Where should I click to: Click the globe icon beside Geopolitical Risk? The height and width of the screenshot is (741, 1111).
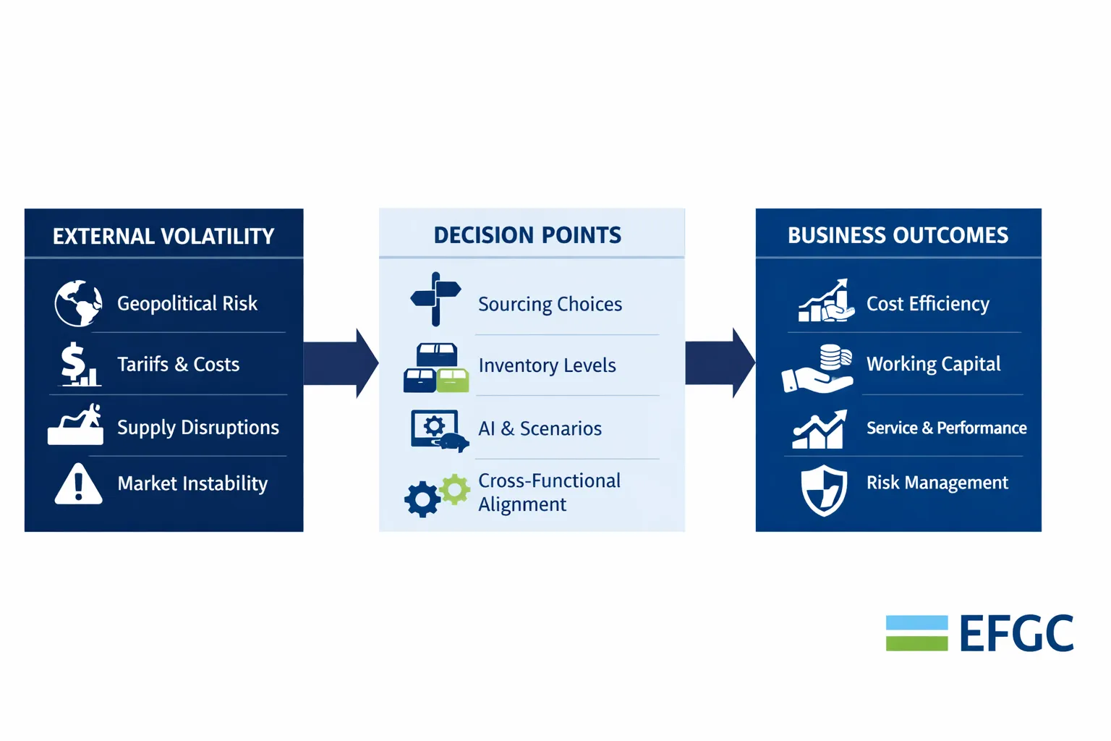[x=78, y=303]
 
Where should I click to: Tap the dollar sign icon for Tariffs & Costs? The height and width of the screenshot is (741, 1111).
[x=74, y=363]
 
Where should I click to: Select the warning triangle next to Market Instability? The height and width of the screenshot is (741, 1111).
[x=78, y=484]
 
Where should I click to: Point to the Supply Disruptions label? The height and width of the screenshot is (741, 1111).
[x=197, y=428]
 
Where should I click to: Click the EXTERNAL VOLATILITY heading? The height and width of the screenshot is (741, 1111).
[x=163, y=237]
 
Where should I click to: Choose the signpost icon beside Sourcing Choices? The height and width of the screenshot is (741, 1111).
[x=435, y=299]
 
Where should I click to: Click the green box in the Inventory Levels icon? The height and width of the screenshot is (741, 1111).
[x=453, y=380]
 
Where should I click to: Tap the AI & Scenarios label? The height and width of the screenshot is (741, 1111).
[x=540, y=429]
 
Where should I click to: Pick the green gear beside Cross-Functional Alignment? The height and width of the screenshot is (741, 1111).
[x=455, y=490]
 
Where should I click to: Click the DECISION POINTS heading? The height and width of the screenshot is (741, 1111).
[x=527, y=235]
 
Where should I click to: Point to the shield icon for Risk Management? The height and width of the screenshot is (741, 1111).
[x=824, y=490]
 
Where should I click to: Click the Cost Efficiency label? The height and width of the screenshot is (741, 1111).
[x=927, y=304]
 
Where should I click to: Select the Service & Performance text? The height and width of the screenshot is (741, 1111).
[x=946, y=428]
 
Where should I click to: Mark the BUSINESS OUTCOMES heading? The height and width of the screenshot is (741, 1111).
[x=898, y=236]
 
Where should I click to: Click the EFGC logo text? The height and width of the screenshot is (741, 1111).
[x=1016, y=634]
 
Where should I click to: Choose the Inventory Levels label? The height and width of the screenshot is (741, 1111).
[x=547, y=366]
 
